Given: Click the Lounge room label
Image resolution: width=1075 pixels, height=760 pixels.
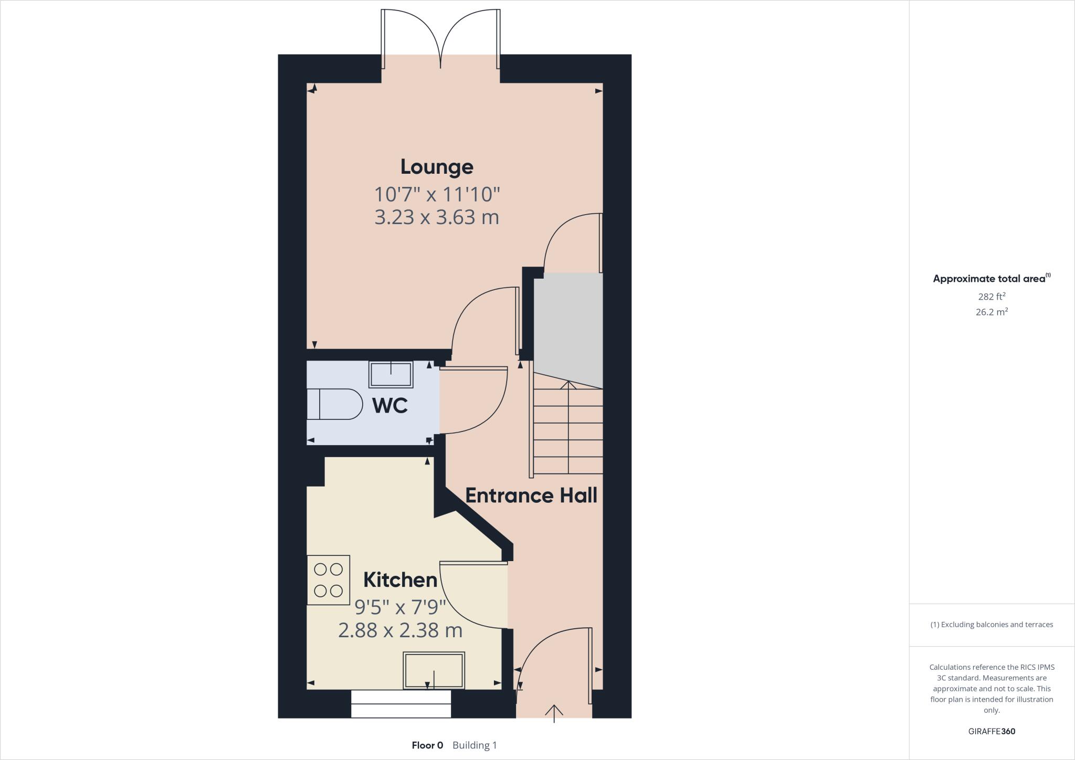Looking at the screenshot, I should click(x=437, y=167).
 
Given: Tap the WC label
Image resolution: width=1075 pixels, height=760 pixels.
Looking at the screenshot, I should click(x=389, y=406).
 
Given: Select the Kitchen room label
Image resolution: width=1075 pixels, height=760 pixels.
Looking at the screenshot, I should click(x=400, y=580).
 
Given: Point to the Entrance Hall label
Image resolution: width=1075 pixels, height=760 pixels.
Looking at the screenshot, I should click(x=531, y=495).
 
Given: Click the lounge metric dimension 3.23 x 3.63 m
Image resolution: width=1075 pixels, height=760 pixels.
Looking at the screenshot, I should click(x=437, y=217).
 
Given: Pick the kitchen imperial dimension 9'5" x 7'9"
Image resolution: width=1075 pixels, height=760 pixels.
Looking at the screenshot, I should click(x=400, y=607).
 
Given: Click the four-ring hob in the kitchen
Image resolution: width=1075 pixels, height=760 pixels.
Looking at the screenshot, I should click(x=328, y=580).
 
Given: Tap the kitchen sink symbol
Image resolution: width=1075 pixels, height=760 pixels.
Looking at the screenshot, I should click(x=434, y=670).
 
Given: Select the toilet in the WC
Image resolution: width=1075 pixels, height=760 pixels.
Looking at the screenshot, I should click(x=334, y=404).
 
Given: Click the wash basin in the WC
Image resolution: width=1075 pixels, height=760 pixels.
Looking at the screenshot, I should click(x=391, y=374).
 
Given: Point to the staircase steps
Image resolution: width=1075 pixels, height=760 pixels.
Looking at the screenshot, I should click(x=568, y=430).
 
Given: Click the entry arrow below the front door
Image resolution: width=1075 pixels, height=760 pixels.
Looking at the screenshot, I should click(x=554, y=713).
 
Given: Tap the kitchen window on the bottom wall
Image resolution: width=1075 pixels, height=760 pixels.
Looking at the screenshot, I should click(x=401, y=704).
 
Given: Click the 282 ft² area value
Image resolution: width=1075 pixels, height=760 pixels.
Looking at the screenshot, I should click(x=992, y=296).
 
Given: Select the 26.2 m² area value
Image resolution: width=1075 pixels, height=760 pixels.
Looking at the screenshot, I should click(x=992, y=312).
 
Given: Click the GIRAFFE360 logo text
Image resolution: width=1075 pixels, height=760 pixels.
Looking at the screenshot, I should click(x=992, y=731).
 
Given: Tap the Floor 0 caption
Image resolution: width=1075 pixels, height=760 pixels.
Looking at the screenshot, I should click(x=427, y=745).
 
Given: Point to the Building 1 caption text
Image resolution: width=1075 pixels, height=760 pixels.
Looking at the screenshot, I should click(x=475, y=745).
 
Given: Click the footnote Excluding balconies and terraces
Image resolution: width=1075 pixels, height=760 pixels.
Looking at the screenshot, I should click(x=992, y=625).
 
